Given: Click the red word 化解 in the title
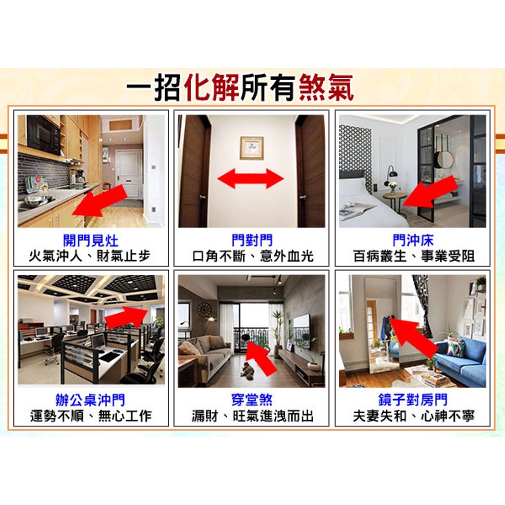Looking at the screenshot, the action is point(211,87).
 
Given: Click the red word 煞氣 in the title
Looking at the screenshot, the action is point(326,87).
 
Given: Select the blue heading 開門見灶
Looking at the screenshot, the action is point(90,240).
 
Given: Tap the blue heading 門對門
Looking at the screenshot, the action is point(252,240).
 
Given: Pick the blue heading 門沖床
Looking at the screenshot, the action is point(413,240).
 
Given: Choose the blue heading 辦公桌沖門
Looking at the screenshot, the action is point(90,400).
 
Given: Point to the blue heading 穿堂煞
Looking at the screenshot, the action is point(252,400).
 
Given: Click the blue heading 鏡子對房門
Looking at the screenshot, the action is point(413,400).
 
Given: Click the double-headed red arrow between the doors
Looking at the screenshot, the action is point(250,179).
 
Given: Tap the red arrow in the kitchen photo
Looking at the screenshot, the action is point(99,201).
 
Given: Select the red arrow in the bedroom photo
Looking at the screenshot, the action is point(430,192).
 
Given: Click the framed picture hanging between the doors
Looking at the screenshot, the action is point(252,148).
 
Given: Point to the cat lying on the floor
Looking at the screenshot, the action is point(247,371).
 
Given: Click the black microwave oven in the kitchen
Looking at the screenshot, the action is point(43,135).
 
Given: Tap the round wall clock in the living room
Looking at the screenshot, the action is point(204,310).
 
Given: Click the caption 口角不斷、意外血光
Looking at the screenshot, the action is point(252,257).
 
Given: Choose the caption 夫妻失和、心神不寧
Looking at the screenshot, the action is point(414,416).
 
